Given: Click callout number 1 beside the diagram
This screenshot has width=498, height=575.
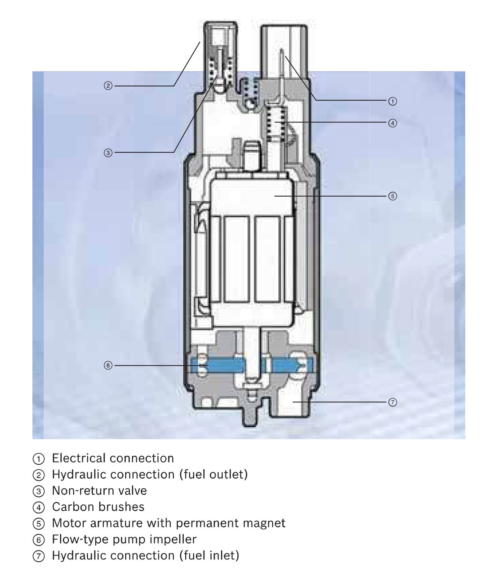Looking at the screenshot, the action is [392, 101].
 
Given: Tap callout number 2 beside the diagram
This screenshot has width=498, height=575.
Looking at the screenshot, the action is [108, 86].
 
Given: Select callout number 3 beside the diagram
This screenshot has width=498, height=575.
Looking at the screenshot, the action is [108, 153].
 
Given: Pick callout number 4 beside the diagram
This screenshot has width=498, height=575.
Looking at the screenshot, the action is [392, 123].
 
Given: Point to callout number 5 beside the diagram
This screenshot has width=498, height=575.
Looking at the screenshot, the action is [392, 196].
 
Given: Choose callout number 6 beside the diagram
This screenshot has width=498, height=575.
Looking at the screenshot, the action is [108, 365].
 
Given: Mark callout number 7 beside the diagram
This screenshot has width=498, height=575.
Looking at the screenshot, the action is [392, 402].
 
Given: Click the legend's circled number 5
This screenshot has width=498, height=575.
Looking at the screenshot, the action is [38, 524].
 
